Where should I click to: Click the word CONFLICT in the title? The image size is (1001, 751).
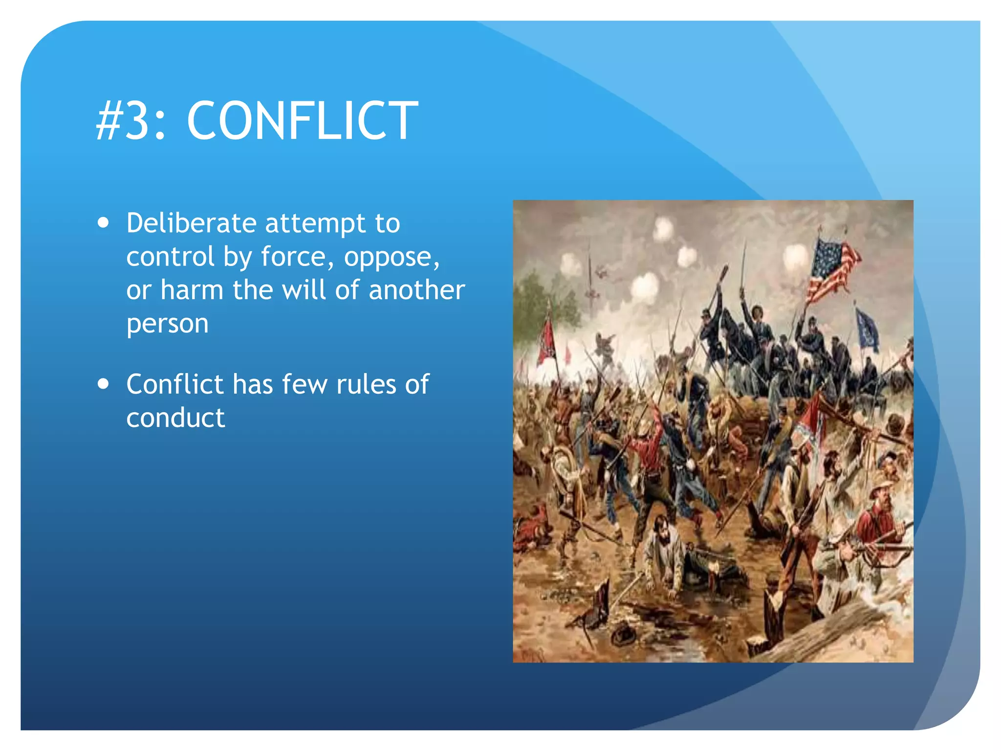[x=302, y=121]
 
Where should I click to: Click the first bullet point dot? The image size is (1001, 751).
[x=103, y=223]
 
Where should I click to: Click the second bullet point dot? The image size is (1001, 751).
[x=103, y=384]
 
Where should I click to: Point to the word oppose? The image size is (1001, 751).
[x=392, y=257]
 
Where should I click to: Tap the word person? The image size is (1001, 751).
[x=167, y=324]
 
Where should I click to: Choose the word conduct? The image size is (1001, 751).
[x=175, y=418]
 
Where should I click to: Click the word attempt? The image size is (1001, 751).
[x=315, y=224]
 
